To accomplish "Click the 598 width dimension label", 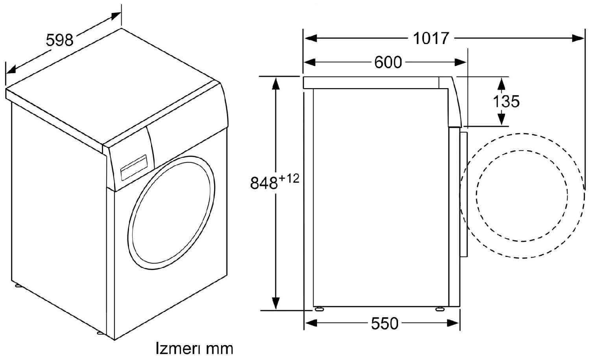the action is pyautogui.click(x=59, y=41).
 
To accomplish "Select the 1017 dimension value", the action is pyautogui.click(x=430, y=39).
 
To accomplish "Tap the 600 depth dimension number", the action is pyautogui.click(x=388, y=63).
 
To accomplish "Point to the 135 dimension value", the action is pyautogui.click(x=506, y=101).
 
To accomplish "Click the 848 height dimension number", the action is pyautogui.click(x=264, y=183).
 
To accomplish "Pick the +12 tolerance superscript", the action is pyautogui.click(x=289, y=179).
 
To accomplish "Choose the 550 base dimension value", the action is pyautogui.click(x=385, y=323).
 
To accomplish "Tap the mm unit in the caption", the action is pyautogui.click(x=219, y=350).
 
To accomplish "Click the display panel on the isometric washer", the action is pyautogui.click(x=134, y=168).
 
